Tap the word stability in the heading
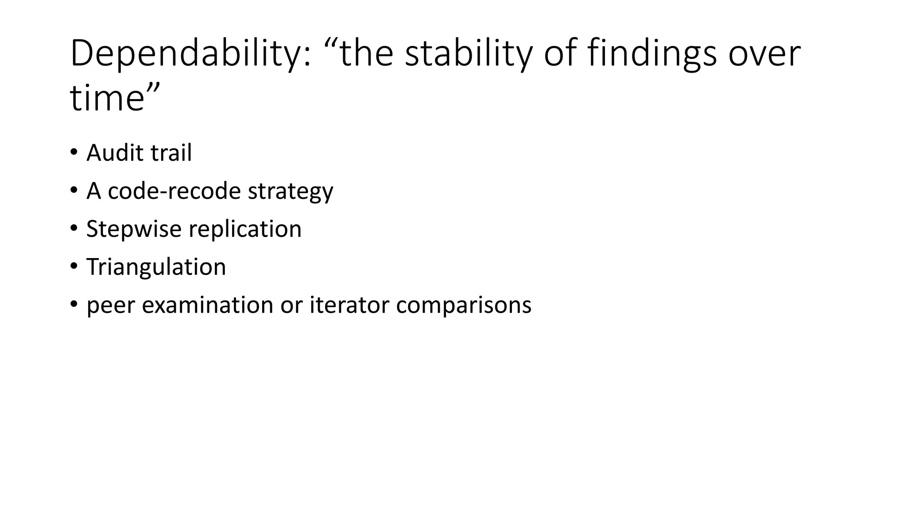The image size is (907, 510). click(x=468, y=54)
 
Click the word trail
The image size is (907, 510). click(x=171, y=153)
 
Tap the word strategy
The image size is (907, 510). click(x=290, y=192)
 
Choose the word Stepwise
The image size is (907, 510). click(x=134, y=229)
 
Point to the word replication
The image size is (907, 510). click(x=245, y=229)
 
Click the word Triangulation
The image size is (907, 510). click(x=156, y=267)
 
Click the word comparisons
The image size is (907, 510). click(x=463, y=305)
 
